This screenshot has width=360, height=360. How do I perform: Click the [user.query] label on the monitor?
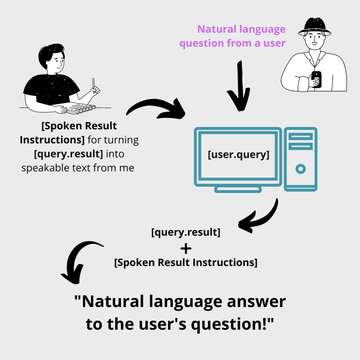click(238, 155)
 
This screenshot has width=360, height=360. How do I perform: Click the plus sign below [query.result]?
click(186, 249)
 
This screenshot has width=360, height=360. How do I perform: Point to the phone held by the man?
click(316, 79)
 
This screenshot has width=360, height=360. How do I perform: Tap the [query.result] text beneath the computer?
click(186, 233)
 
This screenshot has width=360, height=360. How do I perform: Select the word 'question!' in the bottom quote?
click(232, 324)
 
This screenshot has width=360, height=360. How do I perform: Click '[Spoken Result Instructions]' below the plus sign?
click(186, 263)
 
